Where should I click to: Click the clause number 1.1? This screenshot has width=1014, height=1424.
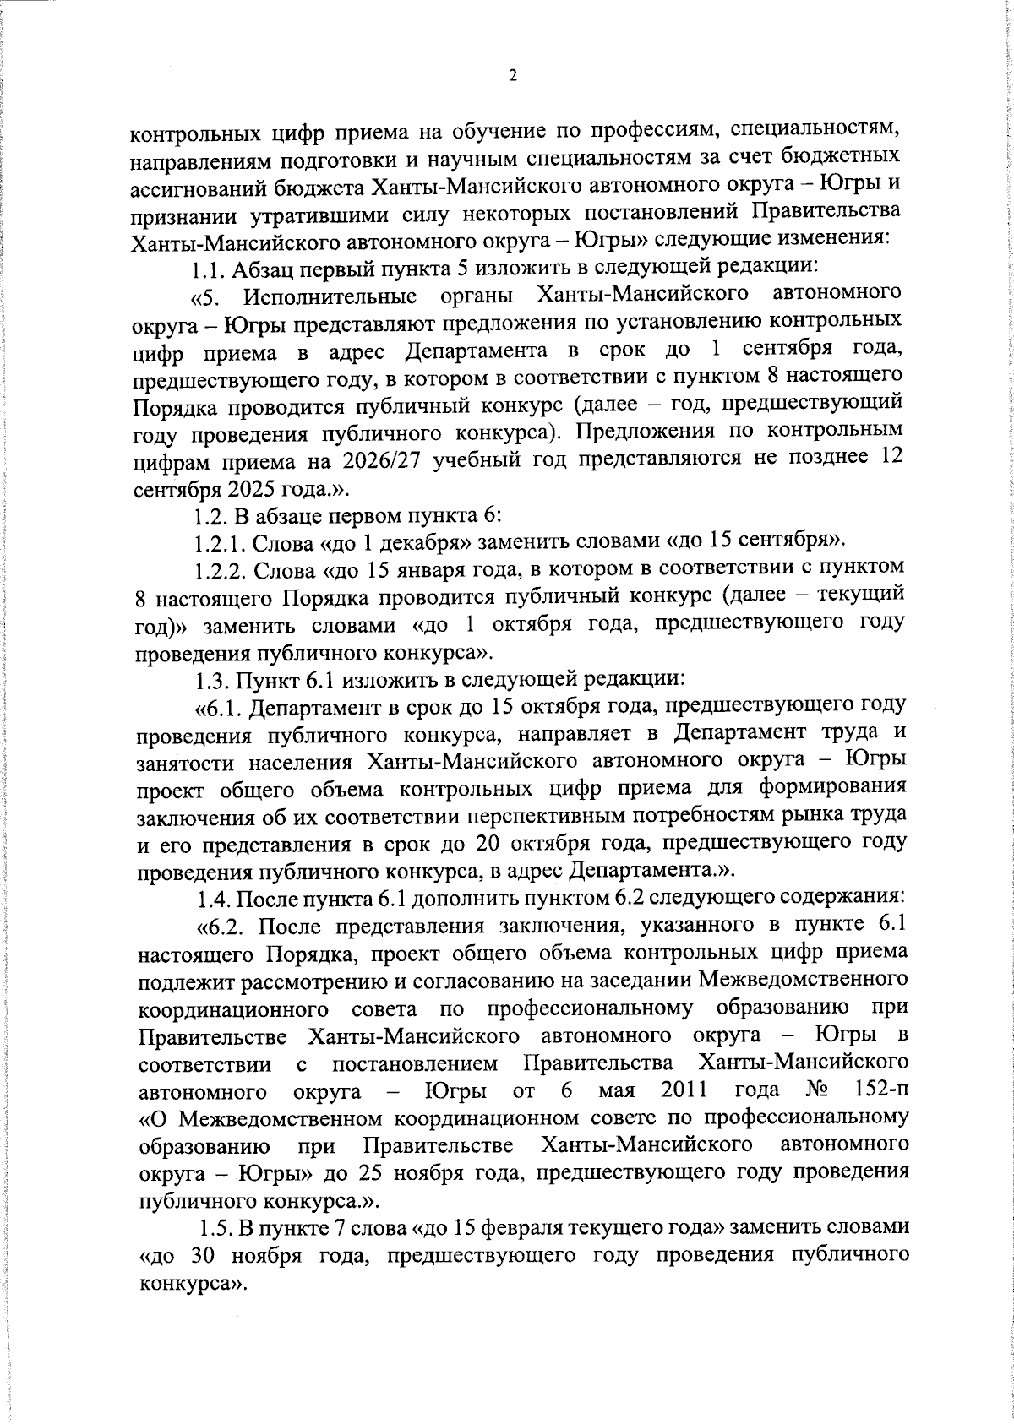coord(208,269)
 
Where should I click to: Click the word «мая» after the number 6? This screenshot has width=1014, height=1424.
coord(618,1090)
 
